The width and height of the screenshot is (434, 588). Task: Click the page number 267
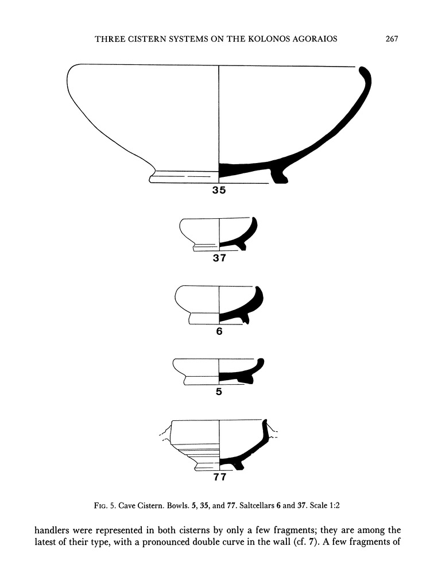pos(392,38)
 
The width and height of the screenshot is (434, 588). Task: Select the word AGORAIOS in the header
pos(311,38)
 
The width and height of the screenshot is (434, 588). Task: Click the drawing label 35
pos(219,190)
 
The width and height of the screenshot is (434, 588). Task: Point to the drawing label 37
pos(219,258)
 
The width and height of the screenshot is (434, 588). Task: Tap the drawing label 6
pos(219,331)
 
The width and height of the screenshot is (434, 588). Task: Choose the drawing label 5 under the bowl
pos(219,392)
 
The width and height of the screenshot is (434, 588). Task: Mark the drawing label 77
pos(220,477)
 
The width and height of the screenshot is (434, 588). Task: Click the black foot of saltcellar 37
pos(242,246)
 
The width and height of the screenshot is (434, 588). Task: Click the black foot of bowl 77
pos(239,466)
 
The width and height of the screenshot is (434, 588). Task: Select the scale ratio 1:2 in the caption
pos(334,505)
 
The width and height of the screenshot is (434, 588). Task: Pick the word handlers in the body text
pos(52,530)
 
